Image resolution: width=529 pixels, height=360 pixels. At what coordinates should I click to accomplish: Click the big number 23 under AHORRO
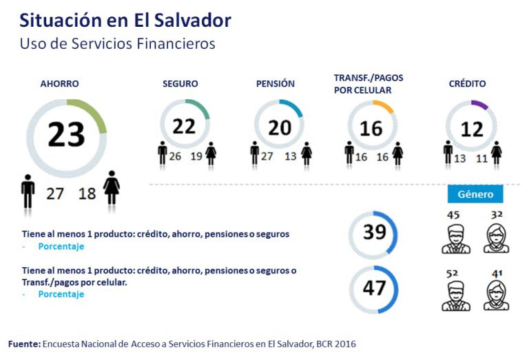66,134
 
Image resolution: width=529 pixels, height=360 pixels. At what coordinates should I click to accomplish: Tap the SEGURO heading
180,84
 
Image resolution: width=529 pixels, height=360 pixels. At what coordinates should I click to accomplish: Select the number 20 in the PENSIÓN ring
279,127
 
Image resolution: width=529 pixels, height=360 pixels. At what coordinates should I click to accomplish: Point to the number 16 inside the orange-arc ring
371,128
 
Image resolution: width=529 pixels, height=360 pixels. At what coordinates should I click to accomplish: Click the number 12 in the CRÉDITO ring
472,129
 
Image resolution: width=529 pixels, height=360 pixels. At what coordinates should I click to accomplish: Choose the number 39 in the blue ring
374,232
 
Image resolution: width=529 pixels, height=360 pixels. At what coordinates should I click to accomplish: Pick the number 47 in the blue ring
374,286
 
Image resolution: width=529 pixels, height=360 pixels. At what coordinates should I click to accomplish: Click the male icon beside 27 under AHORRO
28,191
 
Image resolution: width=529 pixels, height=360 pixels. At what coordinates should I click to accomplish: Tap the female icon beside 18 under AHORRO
111,188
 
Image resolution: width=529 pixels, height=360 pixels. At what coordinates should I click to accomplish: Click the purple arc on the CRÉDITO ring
479,105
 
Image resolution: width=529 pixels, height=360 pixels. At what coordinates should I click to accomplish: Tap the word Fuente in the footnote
24,343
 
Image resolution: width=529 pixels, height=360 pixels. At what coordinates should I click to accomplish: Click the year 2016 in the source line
344,343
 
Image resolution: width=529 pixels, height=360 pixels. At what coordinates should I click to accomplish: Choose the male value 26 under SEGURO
175,156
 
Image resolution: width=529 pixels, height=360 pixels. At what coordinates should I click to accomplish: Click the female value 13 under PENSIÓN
291,156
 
